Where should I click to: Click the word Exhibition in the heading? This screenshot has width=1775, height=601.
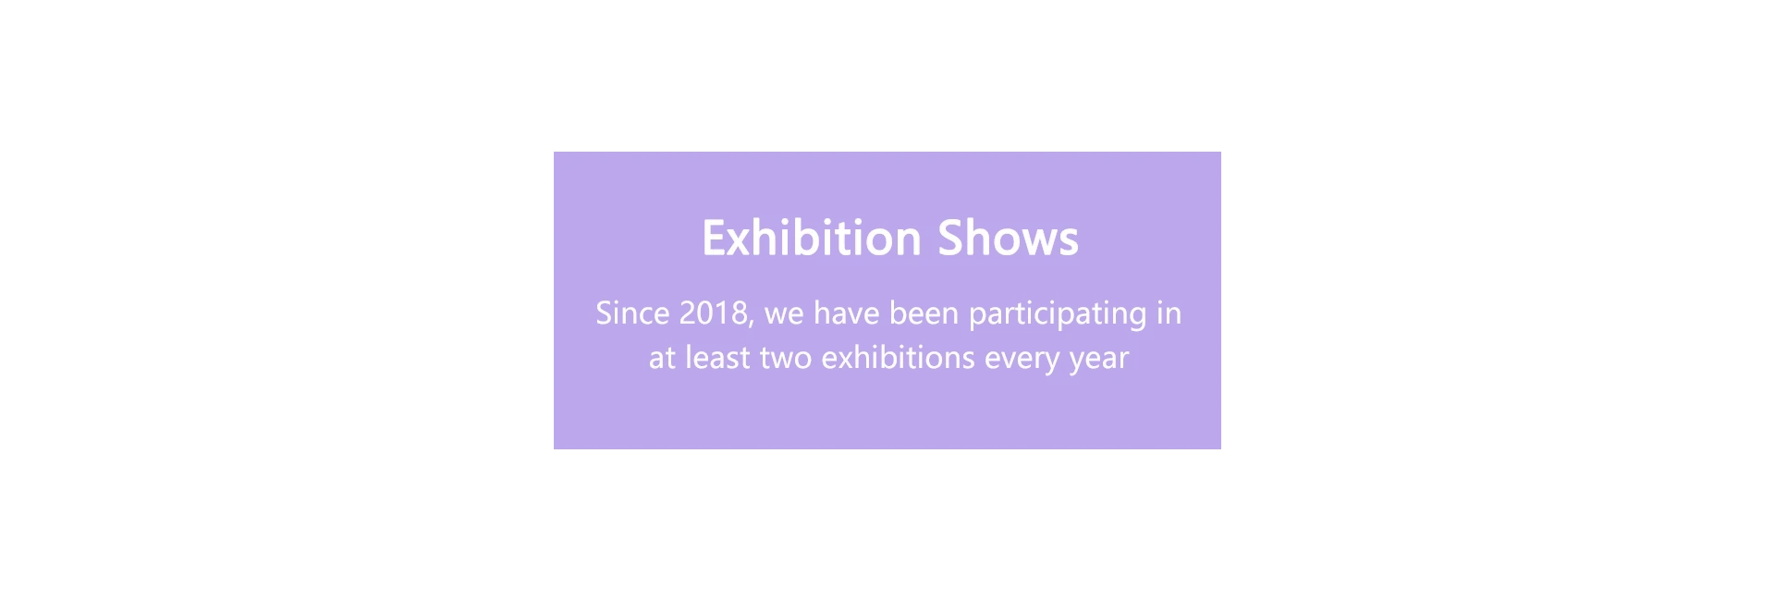pyautogui.click(x=812, y=238)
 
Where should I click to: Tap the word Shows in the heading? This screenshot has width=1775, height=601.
pyautogui.click(x=1008, y=238)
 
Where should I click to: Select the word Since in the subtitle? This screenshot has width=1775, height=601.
pyautogui.click(x=632, y=313)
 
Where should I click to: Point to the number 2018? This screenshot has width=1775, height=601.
pyautogui.click(x=713, y=313)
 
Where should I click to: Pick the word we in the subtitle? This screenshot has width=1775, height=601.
pyautogui.click(x=784, y=316)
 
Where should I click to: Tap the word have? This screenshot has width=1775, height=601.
pyautogui.click(x=840, y=313)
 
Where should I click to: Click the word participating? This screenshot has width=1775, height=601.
pyautogui.click(x=1058, y=316)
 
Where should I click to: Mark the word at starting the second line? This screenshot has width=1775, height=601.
pyautogui.click(x=662, y=359)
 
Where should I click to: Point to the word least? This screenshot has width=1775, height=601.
pyautogui.click(x=717, y=357)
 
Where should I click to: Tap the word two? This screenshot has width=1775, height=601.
pyautogui.click(x=786, y=359)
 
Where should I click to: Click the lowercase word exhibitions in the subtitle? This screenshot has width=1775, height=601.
pyautogui.click(x=898, y=357)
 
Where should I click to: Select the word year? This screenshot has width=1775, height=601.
pyautogui.click(x=1099, y=361)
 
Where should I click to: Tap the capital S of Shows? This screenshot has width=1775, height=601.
pyautogui.click(x=952, y=238)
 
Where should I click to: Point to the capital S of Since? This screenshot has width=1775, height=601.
pyautogui.click(x=605, y=313)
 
